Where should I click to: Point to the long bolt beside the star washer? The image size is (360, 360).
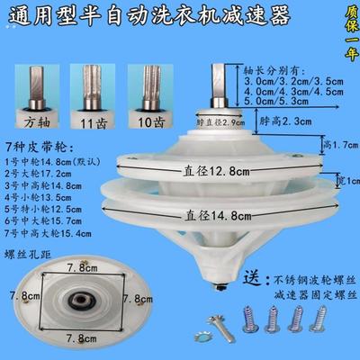click(216, 317)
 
